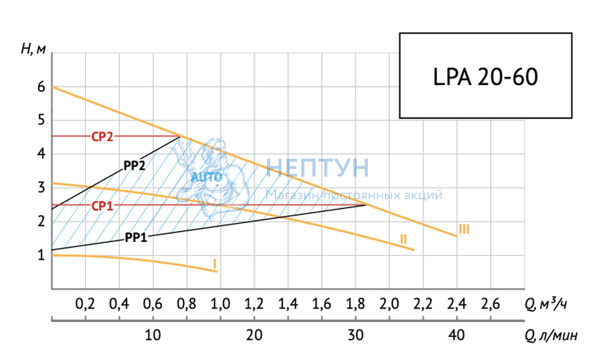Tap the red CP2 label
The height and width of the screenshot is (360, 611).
103,137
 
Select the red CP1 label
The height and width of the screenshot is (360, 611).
103,206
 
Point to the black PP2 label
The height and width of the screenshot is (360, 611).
134,164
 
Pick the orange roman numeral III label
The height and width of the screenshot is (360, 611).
464,230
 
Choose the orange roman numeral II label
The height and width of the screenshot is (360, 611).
403,239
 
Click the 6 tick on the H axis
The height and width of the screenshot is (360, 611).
42,87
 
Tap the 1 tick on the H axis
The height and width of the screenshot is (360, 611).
42,255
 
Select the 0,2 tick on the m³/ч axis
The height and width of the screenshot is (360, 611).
85,304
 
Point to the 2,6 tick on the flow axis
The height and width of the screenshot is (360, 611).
491,304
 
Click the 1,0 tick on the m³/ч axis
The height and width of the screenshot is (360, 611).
221,304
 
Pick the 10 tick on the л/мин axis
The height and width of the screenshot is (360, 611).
153,335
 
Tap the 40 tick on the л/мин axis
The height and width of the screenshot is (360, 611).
456,335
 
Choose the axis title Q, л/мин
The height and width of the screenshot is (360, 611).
551,335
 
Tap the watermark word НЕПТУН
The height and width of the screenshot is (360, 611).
318,168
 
